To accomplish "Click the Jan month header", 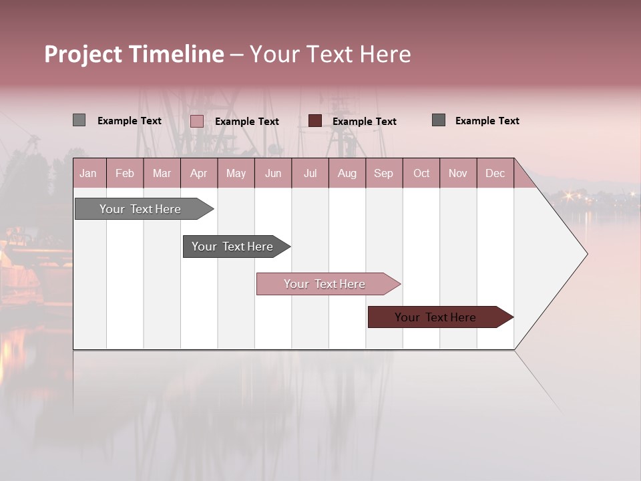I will coord(88,173).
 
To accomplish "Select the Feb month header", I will coord(125,173).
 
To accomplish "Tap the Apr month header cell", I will coord(199,173).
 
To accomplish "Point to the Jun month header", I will coord(273,173).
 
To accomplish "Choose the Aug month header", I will coord(347,173).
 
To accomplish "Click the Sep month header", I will coord(384,173).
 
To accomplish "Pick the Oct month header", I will coord(421,173).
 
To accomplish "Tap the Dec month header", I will coord(495,173).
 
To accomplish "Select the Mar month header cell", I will coord(162,173).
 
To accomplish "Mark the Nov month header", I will coord(458,173).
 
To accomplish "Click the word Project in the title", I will coord(83,54).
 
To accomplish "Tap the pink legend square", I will coord(197,121).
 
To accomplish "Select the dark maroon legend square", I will coord(315,120).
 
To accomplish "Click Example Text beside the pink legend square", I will coord(247,122).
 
